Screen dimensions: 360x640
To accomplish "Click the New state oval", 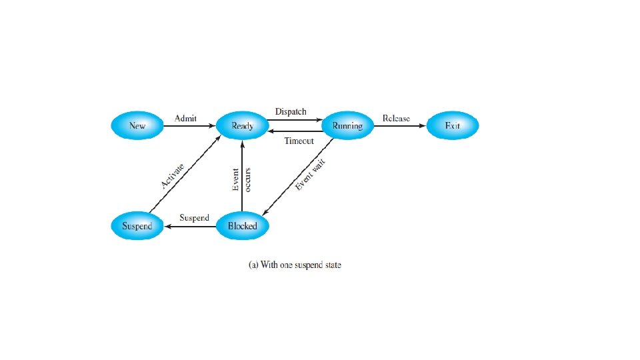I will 137,125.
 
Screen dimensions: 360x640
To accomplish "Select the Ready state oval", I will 242,125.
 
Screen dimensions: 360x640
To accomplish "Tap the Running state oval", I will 347,125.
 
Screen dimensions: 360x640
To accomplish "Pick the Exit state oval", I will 453,125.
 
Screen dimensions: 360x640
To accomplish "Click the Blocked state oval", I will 242,226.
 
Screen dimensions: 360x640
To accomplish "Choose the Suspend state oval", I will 137,226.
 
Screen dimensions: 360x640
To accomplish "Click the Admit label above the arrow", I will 185,118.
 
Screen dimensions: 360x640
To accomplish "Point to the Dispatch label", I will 291,111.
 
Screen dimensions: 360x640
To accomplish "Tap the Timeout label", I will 299,141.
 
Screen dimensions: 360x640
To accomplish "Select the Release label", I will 396,119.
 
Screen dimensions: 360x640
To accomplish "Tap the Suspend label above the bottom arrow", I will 194,218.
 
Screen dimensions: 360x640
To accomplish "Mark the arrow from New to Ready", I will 190,125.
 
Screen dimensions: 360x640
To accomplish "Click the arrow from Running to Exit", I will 400,125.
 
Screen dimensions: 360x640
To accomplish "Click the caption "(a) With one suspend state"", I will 295,265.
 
